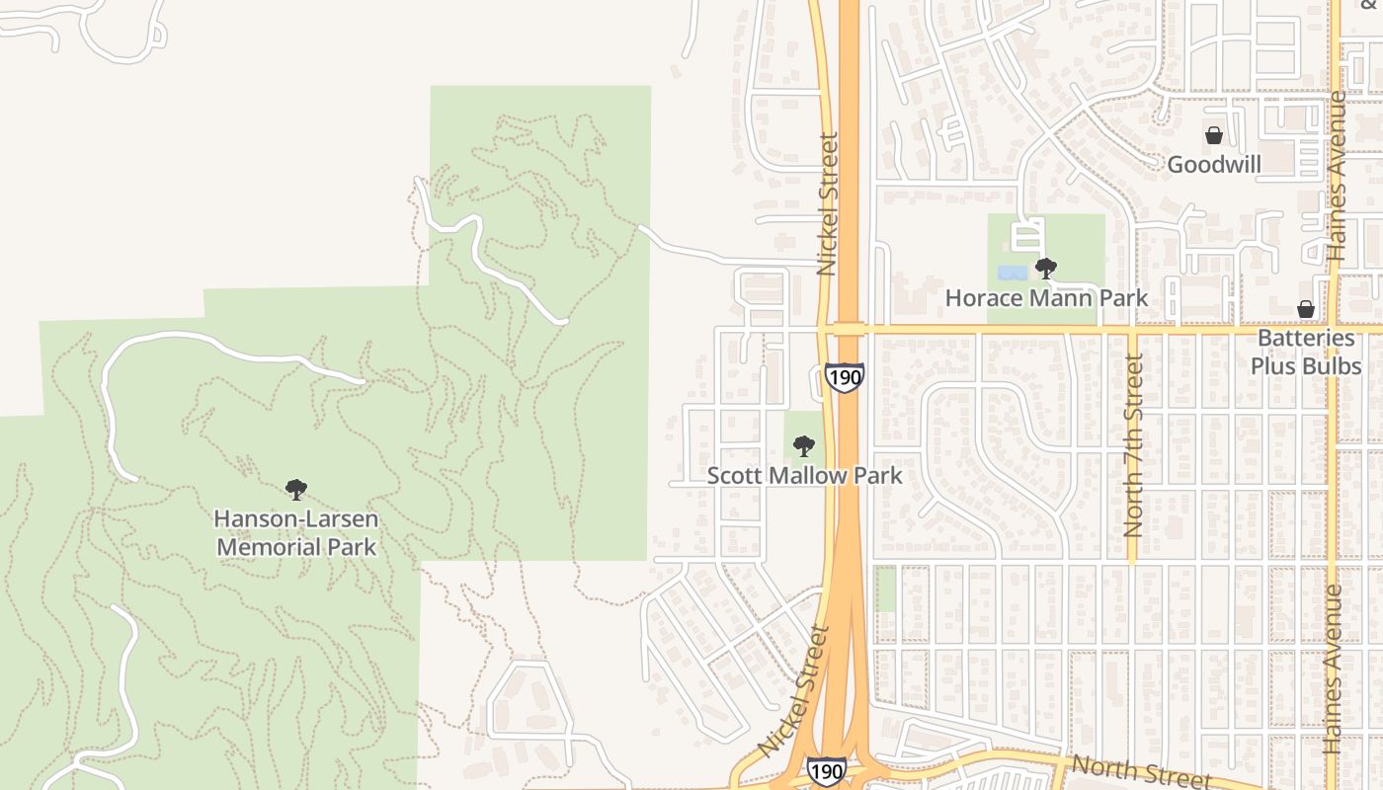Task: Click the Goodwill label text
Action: point(1214,165)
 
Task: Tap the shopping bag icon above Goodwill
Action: point(1214,135)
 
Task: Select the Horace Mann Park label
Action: point(1046,297)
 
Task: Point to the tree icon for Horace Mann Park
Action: point(1046,269)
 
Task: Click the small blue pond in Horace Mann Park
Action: point(1012,272)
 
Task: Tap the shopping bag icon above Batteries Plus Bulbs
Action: point(1306,309)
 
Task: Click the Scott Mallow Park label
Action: point(804,476)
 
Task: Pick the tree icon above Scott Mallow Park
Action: point(804,446)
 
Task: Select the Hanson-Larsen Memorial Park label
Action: point(296,532)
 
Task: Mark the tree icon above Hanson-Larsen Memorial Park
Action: point(295,490)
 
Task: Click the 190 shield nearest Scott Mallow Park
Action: point(845,377)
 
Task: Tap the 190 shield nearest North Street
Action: point(826,771)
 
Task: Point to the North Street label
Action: point(1141,771)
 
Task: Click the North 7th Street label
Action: point(1133,445)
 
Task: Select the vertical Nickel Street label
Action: point(828,203)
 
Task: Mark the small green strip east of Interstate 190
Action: point(886,589)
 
